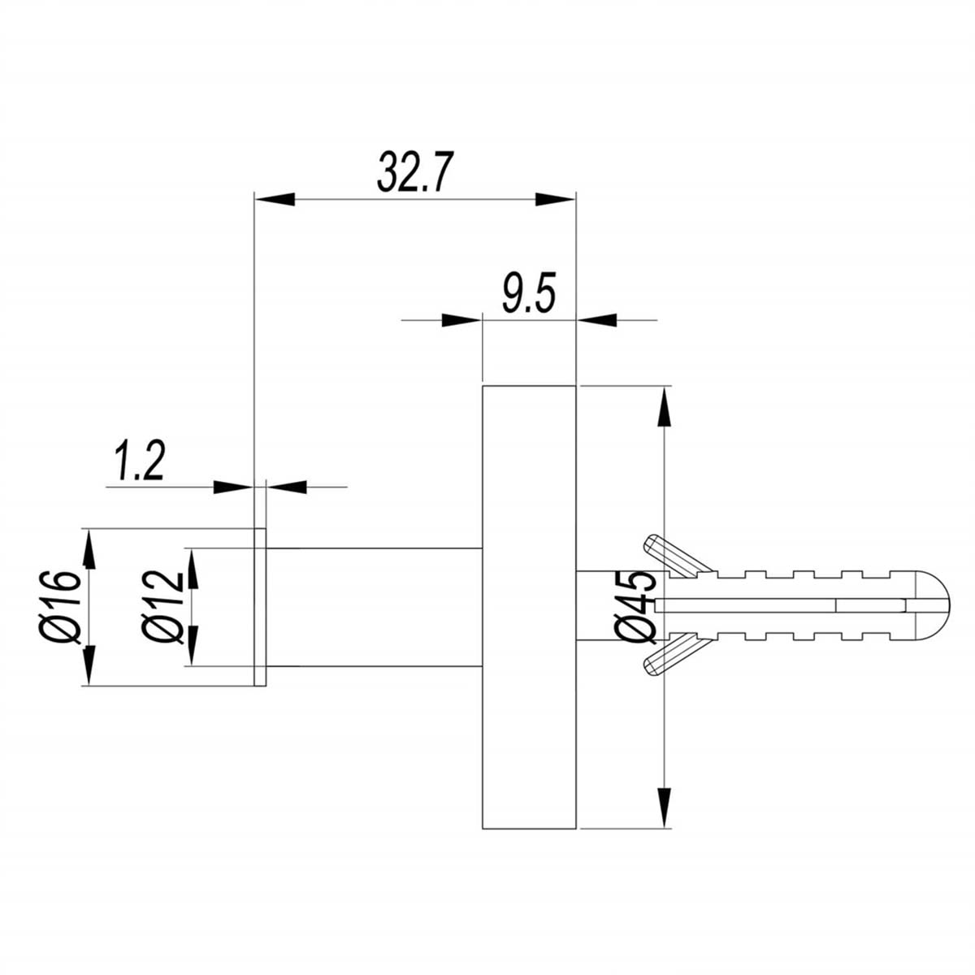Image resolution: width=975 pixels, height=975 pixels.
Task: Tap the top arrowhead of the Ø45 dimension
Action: coord(665,407)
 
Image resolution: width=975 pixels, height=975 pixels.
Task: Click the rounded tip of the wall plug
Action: coord(934,604)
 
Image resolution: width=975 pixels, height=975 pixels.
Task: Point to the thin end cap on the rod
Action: coord(260,606)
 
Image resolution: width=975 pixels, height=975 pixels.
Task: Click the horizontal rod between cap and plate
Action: coord(374,606)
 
